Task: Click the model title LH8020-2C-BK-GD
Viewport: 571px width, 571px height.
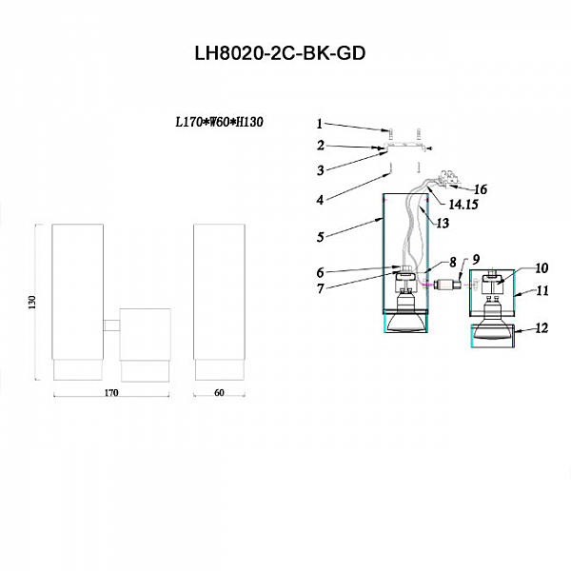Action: coord(280,54)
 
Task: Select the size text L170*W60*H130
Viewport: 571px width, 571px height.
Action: coord(219,123)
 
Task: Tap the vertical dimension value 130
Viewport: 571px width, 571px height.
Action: coord(32,303)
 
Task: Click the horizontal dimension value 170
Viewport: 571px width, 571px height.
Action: coord(111,393)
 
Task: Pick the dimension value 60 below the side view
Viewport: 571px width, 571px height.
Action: coord(219,393)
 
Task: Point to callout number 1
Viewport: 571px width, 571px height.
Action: coord(320,124)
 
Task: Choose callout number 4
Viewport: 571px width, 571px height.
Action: coord(320,200)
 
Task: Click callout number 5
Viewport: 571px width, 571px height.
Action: coord(320,237)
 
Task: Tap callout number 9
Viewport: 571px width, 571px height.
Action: coord(476,259)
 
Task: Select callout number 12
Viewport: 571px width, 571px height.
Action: coord(541,328)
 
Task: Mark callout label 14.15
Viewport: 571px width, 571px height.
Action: coord(463,205)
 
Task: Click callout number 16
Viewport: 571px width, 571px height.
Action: coord(481,189)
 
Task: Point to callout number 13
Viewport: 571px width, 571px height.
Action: coord(443,223)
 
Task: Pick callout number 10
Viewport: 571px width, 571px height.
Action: coord(541,268)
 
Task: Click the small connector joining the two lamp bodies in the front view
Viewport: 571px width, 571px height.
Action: coord(111,325)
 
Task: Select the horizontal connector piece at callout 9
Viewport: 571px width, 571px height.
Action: coord(448,284)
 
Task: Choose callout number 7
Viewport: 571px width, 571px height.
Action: coord(320,288)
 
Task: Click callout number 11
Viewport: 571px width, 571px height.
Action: coord(542,291)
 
